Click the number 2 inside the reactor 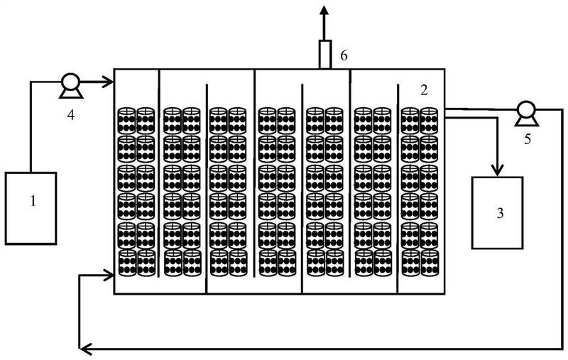[424, 90]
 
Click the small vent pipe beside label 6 [326, 55]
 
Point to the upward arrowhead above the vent [326, 10]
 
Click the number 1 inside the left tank [32, 202]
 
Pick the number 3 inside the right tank [501, 212]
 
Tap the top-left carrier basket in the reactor [126, 120]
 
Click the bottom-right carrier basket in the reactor [429, 262]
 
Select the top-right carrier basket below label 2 [429, 120]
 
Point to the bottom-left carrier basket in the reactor [126, 262]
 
